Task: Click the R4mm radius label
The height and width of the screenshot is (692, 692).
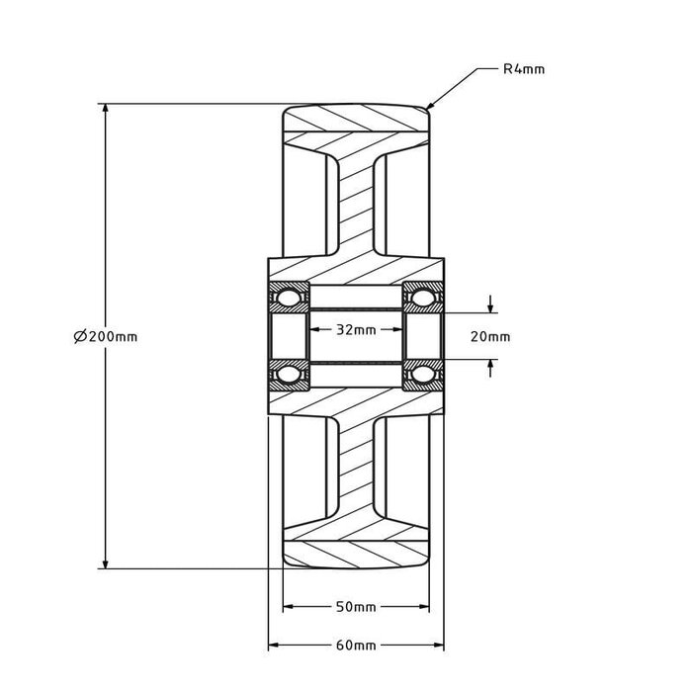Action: point(524,69)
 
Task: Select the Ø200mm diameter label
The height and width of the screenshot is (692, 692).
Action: point(106,337)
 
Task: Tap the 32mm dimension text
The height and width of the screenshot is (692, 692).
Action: point(356,329)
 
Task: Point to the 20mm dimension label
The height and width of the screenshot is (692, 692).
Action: point(490,337)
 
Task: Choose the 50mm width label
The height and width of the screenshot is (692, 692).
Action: point(356,607)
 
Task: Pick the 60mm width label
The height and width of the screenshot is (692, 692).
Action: point(356,646)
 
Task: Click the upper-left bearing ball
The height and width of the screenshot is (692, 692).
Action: point(289,297)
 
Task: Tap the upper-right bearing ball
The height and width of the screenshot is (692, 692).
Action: point(422,297)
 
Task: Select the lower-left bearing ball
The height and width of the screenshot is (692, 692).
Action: point(289,375)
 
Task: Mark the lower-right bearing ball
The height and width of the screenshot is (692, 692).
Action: point(422,375)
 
